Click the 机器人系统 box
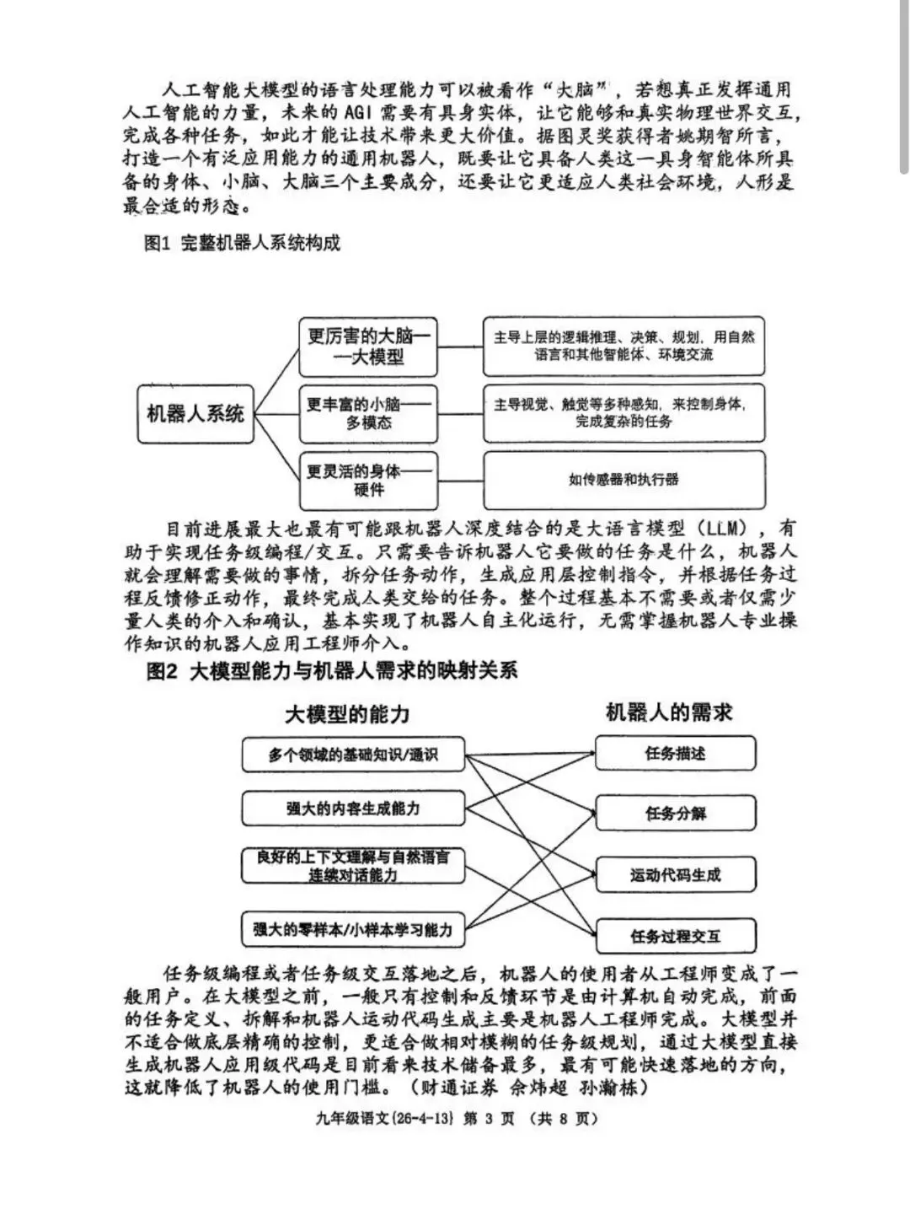point(195,413)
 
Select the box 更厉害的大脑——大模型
point(368,347)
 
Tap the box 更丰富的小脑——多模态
point(368,413)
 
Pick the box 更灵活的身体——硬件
point(368,480)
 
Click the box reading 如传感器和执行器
point(624,480)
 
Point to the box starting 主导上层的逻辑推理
point(624,347)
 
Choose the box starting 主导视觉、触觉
point(624,413)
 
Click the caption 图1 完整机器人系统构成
point(243,244)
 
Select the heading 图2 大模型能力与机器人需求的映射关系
point(332,671)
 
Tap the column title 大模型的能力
point(346,715)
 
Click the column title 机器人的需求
point(669,712)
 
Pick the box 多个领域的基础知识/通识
point(353,755)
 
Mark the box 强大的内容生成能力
point(353,809)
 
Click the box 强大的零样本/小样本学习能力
point(353,930)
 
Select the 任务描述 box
point(676,753)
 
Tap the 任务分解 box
point(676,814)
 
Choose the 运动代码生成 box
point(676,875)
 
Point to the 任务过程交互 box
point(676,936)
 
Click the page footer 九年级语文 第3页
point(456,1119)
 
